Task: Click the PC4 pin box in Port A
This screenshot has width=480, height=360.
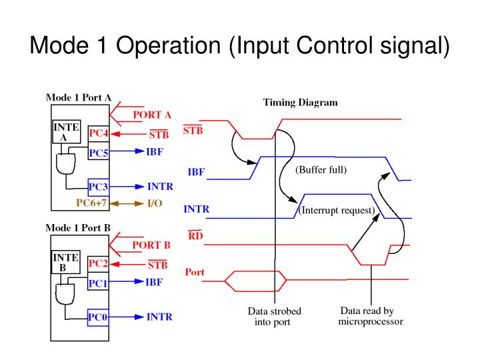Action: point(99,134)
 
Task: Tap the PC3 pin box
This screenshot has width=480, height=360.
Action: point(99,187)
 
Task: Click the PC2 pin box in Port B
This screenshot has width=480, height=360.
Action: point(99,264)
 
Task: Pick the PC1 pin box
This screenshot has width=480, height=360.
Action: point(99,283)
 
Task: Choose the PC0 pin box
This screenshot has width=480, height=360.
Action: point(99,317)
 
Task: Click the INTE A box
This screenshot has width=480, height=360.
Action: point(65,132)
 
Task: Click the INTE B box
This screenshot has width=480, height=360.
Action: point(65,262)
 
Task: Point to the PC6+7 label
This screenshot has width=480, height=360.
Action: point(92,203)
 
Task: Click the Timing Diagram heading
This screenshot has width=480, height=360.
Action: point(300,103)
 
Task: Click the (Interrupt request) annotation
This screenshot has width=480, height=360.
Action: point(337,211)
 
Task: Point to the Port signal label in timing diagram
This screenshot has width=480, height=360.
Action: point(195,272)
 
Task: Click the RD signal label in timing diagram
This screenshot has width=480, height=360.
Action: point(195,235)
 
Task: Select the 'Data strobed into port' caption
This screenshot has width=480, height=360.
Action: point(274,317)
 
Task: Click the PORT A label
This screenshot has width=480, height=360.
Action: point(152,115)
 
